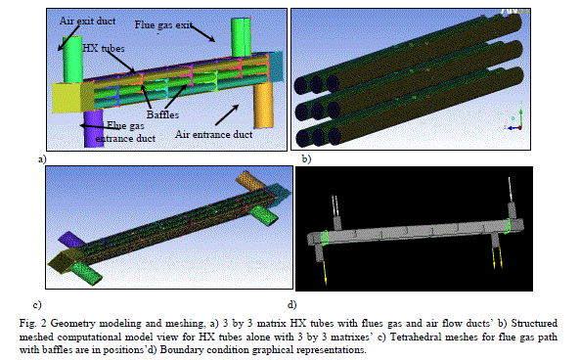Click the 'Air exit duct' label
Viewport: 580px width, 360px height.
87,22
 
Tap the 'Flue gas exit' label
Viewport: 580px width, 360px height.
163,25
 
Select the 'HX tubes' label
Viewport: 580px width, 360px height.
104,49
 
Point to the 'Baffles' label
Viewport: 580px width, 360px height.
162,114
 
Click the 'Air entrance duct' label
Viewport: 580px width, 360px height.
214,134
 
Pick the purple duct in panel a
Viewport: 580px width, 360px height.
93,127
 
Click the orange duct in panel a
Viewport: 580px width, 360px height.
264,105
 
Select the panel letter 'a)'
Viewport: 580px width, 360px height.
42,159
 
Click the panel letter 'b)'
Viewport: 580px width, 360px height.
306,159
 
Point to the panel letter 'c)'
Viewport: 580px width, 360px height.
37,305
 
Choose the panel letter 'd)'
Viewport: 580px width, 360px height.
292,304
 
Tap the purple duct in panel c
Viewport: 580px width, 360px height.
70,240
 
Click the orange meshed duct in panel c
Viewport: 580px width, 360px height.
249,181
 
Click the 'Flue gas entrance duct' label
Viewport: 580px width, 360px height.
125,132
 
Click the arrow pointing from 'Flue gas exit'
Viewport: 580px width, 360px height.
202,32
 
